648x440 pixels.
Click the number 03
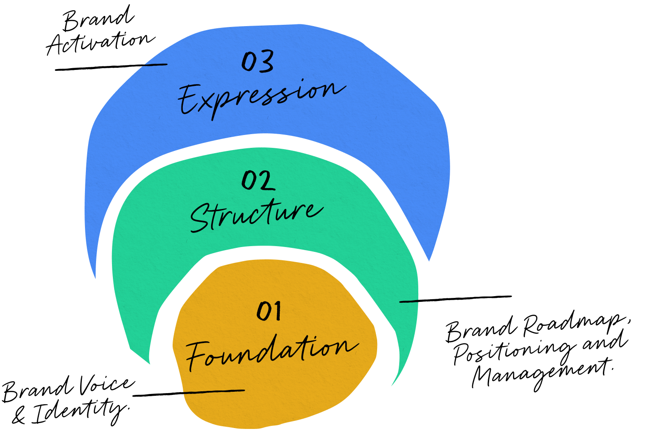[257, 62]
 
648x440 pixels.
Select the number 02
[258, 181]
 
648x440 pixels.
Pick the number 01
[269, 311]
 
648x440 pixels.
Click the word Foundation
[271, 352]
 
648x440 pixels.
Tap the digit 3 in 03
[266, 62]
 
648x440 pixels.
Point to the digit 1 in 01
[276, 311]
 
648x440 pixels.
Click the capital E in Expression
[188, 100]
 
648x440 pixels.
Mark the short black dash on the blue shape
[156, 65]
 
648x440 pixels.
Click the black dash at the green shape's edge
[409, 301]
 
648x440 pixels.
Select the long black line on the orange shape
[214, 391]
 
